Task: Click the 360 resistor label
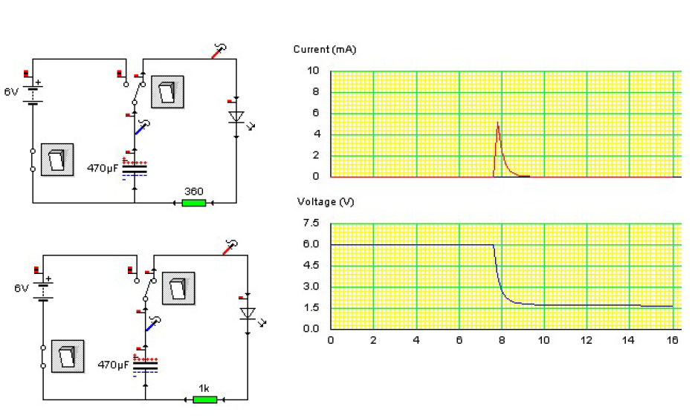(x=194, y=192)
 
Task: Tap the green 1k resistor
(x=204, y=399)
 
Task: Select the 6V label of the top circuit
(x=11, y=92)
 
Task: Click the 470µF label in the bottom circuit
(x=113, y=365)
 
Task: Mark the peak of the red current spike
(x=497, y=123)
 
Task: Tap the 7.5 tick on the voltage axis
(x=311, y=223)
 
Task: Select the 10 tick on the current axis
(x=314, y=71)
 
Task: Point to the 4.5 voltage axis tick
(x=311, y=266)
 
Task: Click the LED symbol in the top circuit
(x=236, y=117)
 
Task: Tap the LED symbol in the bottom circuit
(x=248, y=313)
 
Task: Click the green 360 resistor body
(x=193, y=202)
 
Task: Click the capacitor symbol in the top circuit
(x=135, y=169)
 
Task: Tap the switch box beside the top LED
(x=167, y=91)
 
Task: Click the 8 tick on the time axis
(x=502, y=340)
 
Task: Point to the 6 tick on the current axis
(x=315, y=114)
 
